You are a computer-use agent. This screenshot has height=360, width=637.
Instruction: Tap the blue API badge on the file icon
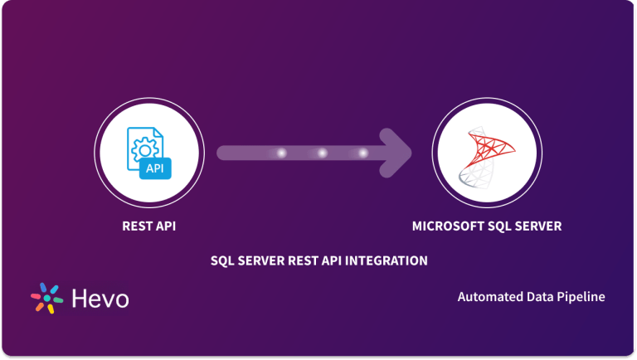[x=154, y=169]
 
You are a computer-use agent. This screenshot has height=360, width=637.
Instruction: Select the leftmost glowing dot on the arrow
[x=281, y=153]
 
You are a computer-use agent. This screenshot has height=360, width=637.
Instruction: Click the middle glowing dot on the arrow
[x=322, y=153]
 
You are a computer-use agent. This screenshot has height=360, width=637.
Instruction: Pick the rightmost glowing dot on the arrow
[x=362, y=153]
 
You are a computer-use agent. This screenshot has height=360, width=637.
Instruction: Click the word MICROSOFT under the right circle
[x=444, y=225]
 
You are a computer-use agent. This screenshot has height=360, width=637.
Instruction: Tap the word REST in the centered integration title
[x=299, y=260]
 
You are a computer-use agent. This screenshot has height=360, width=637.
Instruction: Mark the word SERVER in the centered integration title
[x=259, y=260]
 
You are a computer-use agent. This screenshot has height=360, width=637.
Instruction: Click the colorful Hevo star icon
[x=47, y=298]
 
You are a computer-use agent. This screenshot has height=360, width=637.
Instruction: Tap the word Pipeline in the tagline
[x=581, y=296]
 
